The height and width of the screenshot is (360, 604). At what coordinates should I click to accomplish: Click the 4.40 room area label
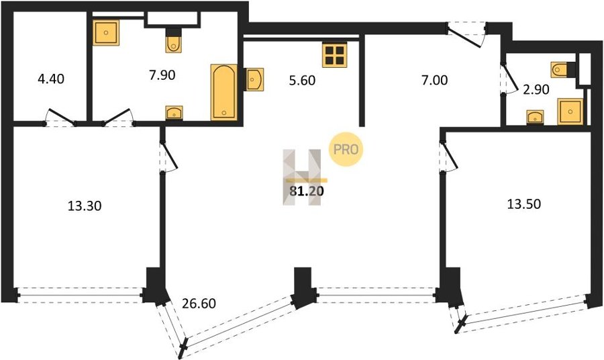(51, 79)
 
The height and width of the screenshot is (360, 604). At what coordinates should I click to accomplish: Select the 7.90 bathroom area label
(162, 75)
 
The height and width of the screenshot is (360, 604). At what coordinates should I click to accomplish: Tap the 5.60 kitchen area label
(302, 80)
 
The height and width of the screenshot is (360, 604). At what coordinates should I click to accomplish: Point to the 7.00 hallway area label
(434, 80)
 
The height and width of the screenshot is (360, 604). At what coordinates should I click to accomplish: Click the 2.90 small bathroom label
(536, 89)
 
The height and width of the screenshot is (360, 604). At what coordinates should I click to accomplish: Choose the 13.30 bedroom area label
(85, 206)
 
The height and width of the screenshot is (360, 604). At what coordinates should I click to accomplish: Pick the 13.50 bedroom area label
(524, 204)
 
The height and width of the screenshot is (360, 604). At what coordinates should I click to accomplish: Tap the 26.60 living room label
(199, 304)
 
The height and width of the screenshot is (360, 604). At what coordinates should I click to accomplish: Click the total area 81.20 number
(307, 191)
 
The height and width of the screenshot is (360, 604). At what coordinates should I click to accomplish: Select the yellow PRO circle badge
(346, 150)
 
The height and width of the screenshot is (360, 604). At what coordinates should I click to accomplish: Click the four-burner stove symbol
(334, 54)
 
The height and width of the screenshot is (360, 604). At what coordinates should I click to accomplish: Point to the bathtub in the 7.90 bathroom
(223, 92)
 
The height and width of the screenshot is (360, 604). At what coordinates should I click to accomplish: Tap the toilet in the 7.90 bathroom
(174, 41)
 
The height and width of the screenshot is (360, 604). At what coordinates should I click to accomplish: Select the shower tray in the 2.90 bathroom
(570, 111)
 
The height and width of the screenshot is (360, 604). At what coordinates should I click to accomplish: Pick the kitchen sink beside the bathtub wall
(254, 79)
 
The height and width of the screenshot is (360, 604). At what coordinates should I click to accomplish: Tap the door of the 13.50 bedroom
(449, 156)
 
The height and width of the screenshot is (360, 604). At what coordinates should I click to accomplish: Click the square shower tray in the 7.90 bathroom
(106, 32)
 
